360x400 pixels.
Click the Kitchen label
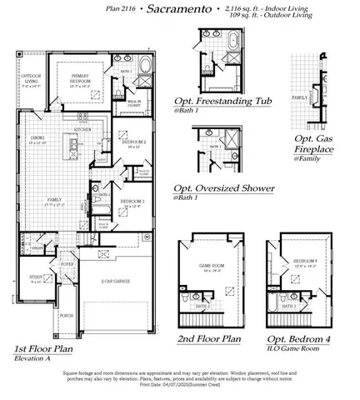pyautogui.click(x=83, y=131)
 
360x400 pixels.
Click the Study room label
pyautogui.click(x=36, y=277)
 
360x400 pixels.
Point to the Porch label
pyautogui.click(x=66, y=316)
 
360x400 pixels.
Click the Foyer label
pyautogui.click(x=67, y=265)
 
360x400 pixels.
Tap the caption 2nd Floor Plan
pyautogui.click(x=209, y=339)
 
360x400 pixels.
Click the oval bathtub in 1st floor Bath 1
pyautogui.click(x=147, y=68)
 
